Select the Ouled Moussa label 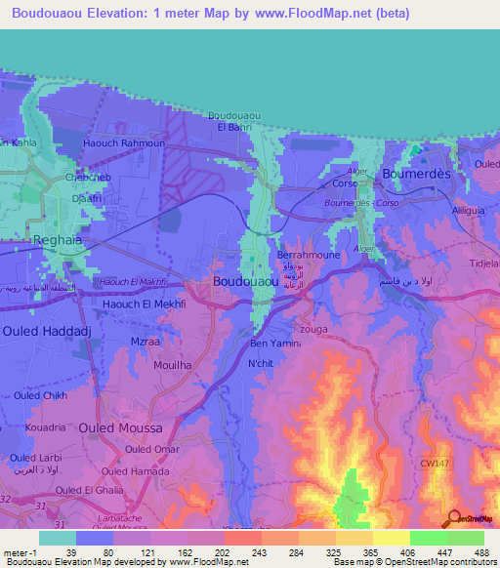pos(118,427)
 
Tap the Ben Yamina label pos(275,344)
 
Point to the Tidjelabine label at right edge pos(485,264)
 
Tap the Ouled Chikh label pos(40,394)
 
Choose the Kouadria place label pos(45,427)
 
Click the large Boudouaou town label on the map pos(249,282)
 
